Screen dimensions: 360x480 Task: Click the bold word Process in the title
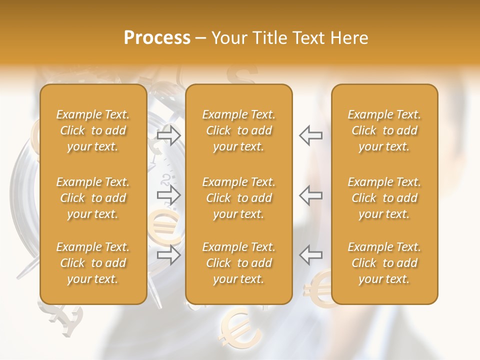tap(157, 38)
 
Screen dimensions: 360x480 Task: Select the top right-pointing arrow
tap(169, 135)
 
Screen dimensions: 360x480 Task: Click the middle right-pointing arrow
tap(169, 195)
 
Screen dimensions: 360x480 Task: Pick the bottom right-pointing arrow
tap(169, 255)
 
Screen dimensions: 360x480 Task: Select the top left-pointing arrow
tap(310, 135)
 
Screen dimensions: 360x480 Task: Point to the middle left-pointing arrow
tap(310, 195)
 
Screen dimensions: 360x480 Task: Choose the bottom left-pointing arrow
tap(310, 255)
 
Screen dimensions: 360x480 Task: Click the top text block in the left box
tap(93, 130)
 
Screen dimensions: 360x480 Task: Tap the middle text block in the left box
tap(93, 198)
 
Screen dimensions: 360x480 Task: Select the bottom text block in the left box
tap(93, 263)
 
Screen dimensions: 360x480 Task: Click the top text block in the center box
tap(238, 130)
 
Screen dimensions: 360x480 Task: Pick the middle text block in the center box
tap(238, 198)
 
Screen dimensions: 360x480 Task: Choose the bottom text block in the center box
tap(238, 263)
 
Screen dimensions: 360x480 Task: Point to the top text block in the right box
tap(384, 130)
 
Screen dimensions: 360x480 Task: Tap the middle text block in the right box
tap(384, 198)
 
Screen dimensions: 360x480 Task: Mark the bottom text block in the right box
tap(384, 263)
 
